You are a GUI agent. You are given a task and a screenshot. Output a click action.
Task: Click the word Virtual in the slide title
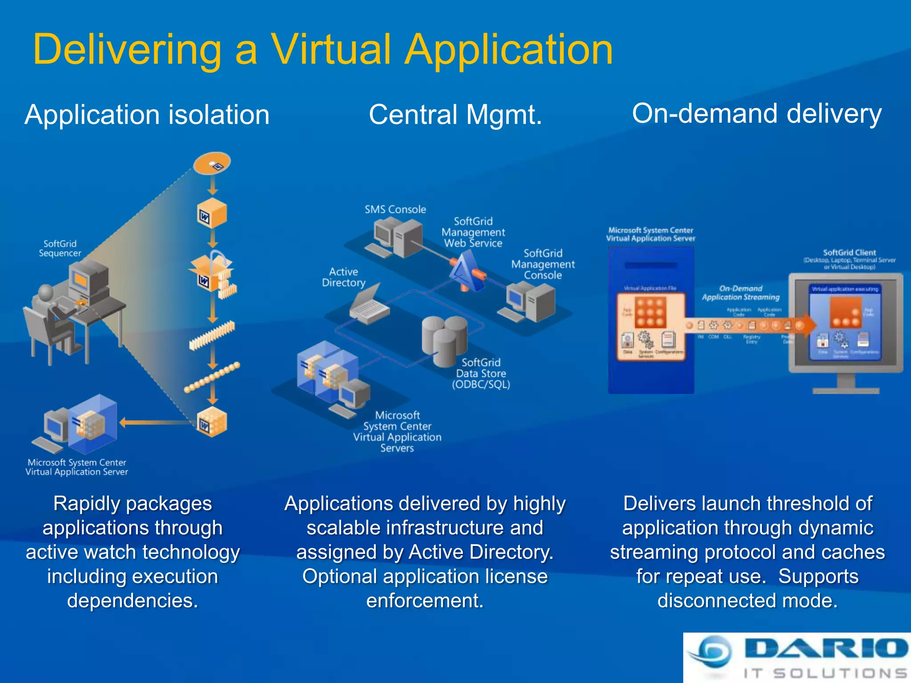[x=331, y=49]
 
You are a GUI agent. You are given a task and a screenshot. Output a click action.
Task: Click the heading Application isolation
[x=147, y=115]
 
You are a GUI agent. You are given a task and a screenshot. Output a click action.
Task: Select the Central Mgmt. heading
[x=455, y=115]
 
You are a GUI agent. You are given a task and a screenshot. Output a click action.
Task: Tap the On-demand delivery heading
[x=756, y=114]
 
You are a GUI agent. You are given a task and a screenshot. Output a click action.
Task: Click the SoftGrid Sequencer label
[x=60, y=249]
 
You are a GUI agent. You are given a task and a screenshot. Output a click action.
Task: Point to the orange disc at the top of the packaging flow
[x=212, y=163]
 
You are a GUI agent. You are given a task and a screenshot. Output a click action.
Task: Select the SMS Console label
[x=395, y=209]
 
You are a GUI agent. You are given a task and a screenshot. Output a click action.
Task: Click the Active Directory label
[x=343, y=277]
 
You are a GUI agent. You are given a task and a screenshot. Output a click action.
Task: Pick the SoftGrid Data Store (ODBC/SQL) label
[x=481, y=374]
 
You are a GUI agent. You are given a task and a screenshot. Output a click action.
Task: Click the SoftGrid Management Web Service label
[x=473, y=232]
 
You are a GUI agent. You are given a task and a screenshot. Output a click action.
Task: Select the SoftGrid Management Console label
[x=543, y=264]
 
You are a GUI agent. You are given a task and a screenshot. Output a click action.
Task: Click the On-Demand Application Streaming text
[x=741, y=293]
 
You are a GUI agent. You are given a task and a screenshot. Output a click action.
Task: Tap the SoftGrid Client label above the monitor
[x=849, y=253]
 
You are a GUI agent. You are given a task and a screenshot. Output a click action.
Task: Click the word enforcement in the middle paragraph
[x=424, y=601]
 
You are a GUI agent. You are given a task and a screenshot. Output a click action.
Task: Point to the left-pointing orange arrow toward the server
[x=156, y=422]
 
